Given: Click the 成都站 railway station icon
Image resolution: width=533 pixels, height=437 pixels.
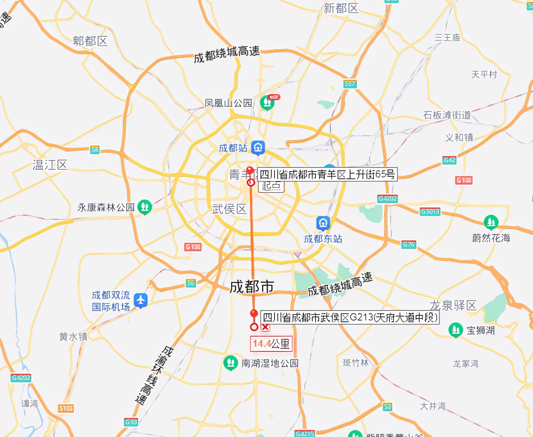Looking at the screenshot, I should tap(258, 147).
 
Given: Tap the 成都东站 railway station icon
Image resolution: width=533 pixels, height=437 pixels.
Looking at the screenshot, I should tap(323, 223).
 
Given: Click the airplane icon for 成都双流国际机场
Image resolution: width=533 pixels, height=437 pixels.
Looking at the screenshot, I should tap(140, 300).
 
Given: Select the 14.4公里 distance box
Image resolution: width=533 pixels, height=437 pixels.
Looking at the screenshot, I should tap(271, 344).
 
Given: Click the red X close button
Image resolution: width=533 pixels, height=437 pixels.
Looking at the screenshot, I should tap(265, 327).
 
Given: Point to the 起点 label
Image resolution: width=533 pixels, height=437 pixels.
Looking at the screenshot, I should tap(271, 186).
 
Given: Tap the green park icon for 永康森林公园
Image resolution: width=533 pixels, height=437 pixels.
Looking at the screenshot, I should tap(144, 207).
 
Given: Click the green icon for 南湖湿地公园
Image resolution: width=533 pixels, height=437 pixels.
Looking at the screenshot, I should tap(230, 363).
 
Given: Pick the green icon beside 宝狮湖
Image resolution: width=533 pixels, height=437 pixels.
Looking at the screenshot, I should tap(455, 330).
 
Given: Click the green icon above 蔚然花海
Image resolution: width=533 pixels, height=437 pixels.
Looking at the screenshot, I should tap(491, 222).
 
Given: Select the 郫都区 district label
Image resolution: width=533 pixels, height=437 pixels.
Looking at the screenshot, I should tap(90, 41).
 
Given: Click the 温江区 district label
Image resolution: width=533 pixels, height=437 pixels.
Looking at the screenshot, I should tap(50, 165).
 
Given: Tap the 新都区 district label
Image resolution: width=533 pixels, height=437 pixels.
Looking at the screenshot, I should tap(340, 8).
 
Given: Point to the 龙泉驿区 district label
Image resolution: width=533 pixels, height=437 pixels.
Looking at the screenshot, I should tap(453, 305).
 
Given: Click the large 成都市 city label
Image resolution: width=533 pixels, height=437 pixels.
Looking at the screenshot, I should tap(252, 287).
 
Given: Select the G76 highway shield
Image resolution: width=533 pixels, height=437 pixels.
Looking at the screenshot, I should tap(408, 244).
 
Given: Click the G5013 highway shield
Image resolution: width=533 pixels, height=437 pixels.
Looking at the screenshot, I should tap(430, 211).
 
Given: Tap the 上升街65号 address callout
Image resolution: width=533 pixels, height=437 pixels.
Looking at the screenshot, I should tap(327, 174).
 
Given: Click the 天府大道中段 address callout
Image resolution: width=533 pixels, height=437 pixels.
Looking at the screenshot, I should tap(349, 317).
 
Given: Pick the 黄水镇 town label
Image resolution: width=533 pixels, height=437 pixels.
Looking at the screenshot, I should tap(73, 337).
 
